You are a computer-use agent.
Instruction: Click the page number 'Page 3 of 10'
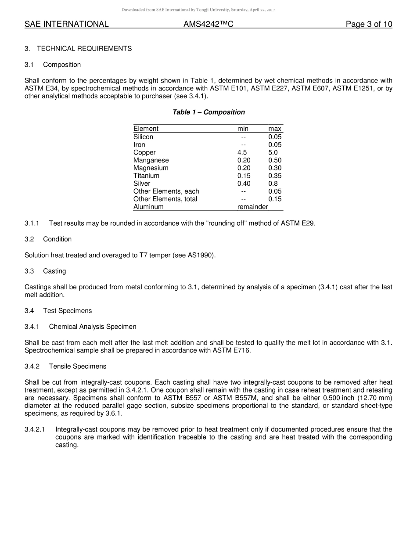coord(369,24)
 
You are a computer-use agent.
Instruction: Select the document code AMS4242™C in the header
coord(208,24)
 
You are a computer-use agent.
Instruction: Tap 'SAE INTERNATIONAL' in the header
coord(66,24)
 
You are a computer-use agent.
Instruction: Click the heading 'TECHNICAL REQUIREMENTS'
coord(84,49)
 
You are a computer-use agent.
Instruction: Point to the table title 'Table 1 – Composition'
coord(208,112)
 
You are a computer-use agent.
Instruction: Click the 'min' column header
coord(243,129)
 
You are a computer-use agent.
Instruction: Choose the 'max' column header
coord(275,129)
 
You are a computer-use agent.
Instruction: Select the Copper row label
coord(144,152)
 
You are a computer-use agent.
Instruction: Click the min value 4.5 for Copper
coord(242,152)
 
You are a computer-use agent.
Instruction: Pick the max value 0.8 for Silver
coord(273,184)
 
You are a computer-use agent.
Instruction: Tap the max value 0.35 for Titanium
coord(275,176)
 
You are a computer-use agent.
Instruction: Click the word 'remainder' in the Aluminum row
coord(252,207)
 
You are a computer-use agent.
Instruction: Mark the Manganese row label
coord(151,160)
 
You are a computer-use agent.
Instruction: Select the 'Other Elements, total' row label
coord(165,199)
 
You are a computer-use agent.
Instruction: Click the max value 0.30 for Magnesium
coord(275,168)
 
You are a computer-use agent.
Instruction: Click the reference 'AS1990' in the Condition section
coord(201,255)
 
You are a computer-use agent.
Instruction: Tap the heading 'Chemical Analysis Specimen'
coord(93,327)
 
